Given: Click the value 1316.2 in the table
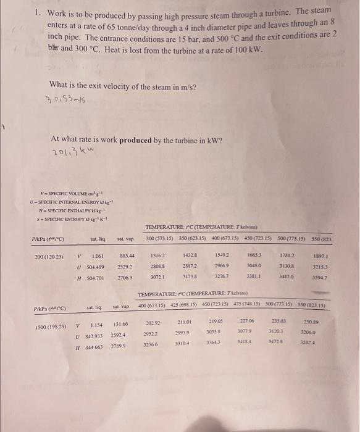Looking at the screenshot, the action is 157,272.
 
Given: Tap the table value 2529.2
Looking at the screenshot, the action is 125,285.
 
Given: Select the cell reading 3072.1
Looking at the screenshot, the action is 158,296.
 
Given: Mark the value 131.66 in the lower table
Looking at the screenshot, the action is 120,325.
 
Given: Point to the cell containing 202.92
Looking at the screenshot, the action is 152,323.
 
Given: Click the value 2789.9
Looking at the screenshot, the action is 120,347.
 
